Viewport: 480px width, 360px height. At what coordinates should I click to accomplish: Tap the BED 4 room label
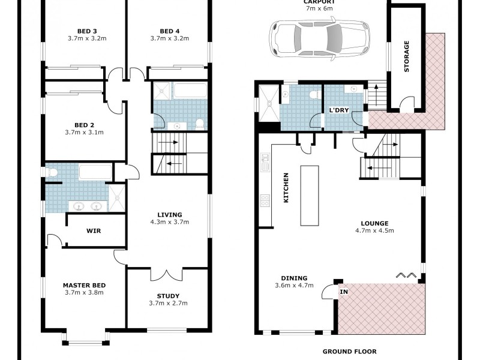[x=170, y=31]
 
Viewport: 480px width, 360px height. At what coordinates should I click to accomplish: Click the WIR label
[x=93, y=230]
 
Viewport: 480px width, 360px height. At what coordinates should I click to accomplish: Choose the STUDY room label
[x=168, y=296]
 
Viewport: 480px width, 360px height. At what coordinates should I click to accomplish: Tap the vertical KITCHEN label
[x=286, y=187]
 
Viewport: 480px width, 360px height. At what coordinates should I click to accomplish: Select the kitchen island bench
[x=310, y=196]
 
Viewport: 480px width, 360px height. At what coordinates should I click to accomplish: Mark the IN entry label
[x=344, y=292]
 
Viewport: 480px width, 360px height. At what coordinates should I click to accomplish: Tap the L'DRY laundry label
[x=340, y=111]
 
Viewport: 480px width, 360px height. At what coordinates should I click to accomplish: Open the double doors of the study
[x=166, y=274]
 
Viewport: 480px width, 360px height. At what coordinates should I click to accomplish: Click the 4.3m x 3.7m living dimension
[x=170, y=222]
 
